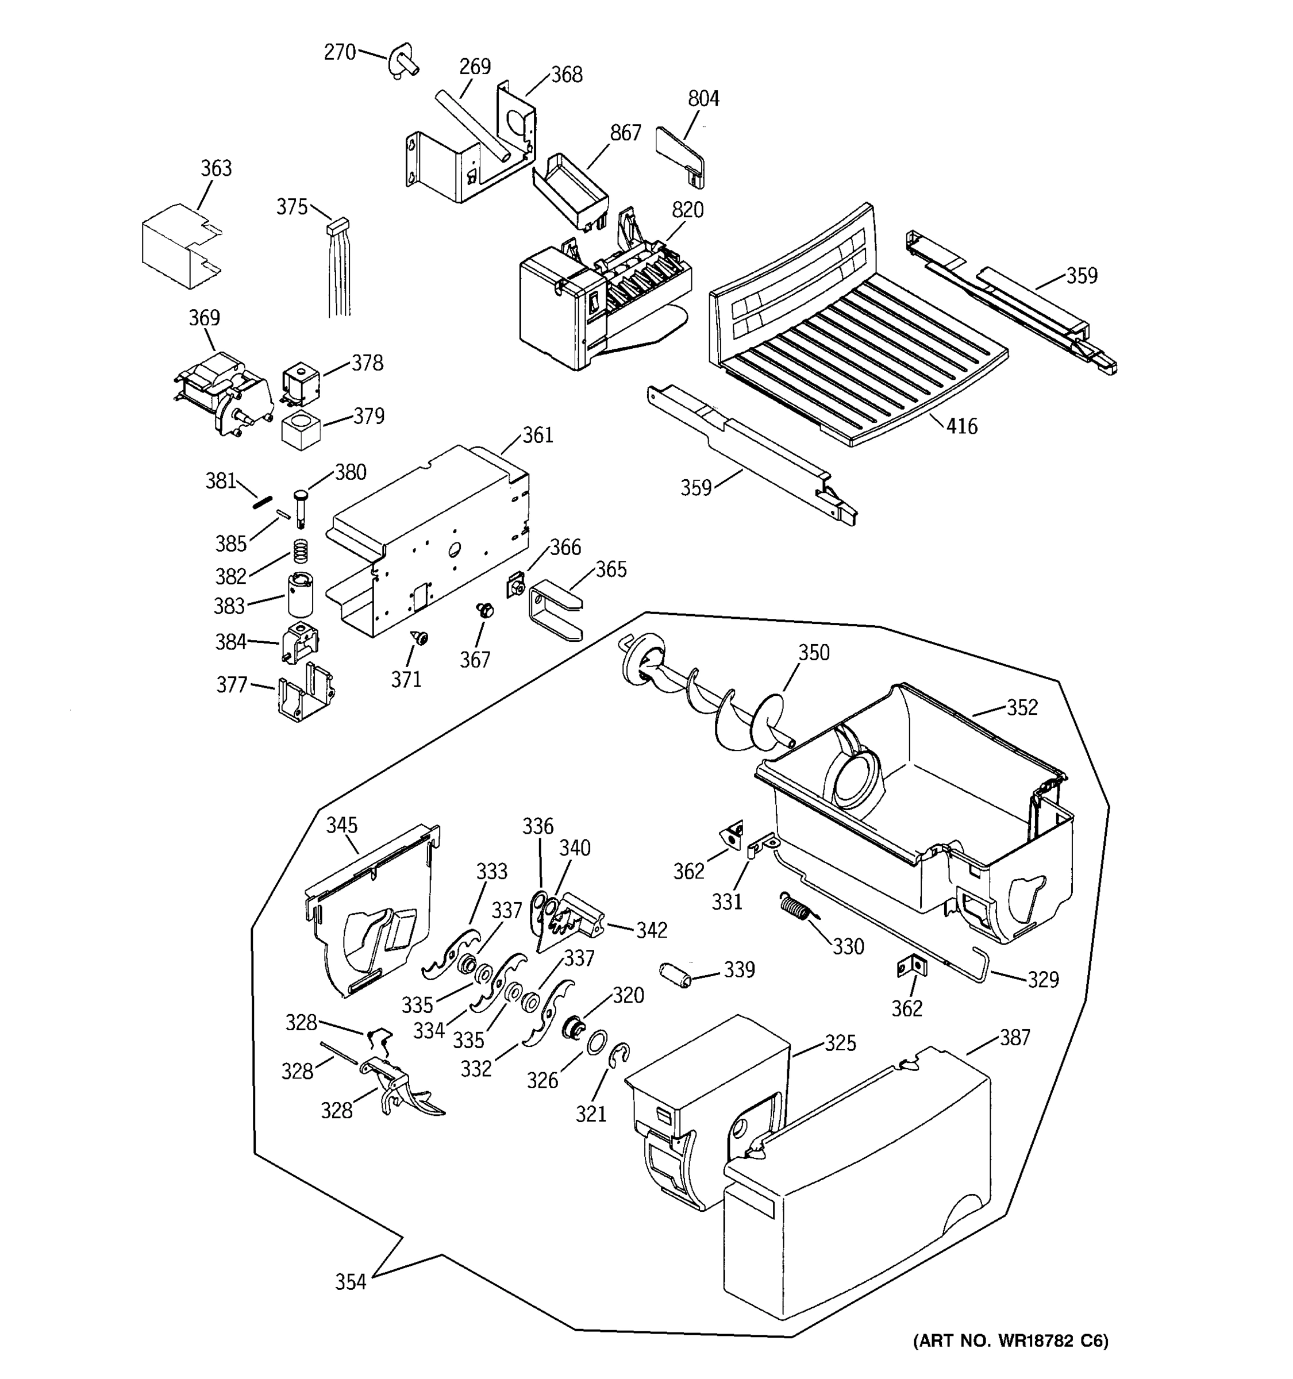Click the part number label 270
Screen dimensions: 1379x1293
(x=339, y=53)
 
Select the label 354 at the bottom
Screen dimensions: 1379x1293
(x=351, y=1282)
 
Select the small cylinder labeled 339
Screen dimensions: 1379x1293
(x=676, y=974)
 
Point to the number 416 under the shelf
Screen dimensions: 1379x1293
(x=961, y=426)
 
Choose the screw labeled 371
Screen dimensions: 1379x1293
(x=420, y=637)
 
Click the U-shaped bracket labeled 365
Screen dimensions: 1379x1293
(x=555, y=609)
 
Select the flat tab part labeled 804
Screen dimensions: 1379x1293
(x=680, y=154)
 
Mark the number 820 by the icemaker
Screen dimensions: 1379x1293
(x=687, y=210)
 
